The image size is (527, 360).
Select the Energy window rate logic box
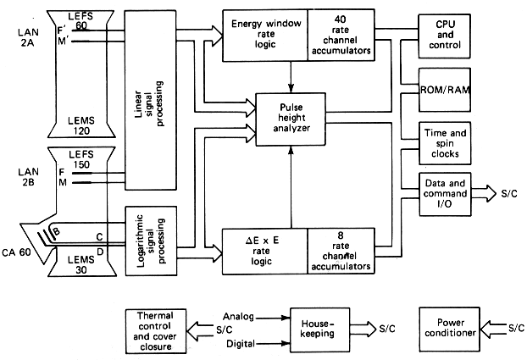point(264,37)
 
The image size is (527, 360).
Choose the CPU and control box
point(443,38)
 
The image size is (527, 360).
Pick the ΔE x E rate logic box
point(264,251)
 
